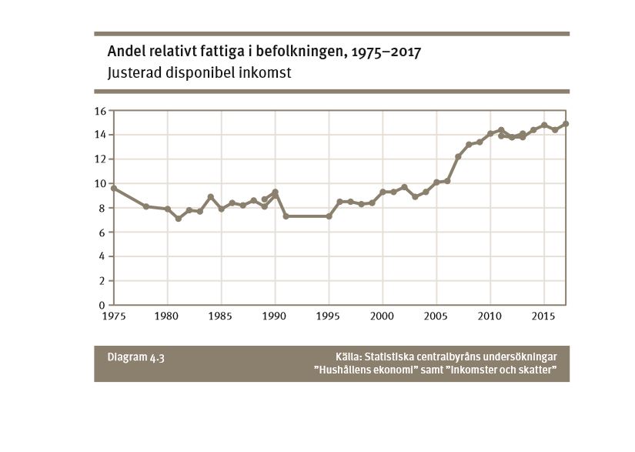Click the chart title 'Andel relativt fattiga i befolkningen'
pyautogui.click(x=265, y=52)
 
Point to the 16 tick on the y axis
pyautogui.click(x=100, y=111)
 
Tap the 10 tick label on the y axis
pyautogui.click(x=100, y=183)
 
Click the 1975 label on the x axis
pyautogui.click(x=113, y=316)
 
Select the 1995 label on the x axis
pyautogui.click(x=329, y=316)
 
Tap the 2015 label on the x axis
pyautogui.click(x=544, y=316)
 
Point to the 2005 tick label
pyautogui.click(x=436, y=316)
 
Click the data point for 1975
pyautogui.click(x=113, y=188)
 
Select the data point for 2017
pyautogui.click(x=566, y=124)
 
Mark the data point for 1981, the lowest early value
pyautogui.click(x=178, y=219)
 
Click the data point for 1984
pyautogui.click(x=210, y=197)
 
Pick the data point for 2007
pyautogui.click(x=458, y=156)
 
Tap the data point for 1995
pyautogui.click(x=329, y=216)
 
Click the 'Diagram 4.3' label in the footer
pyautogui.click(x=135, y=357)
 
